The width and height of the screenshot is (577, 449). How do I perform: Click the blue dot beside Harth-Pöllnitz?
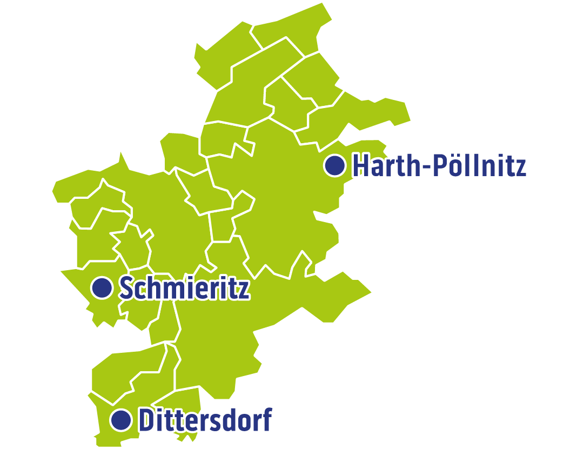coord(335,165)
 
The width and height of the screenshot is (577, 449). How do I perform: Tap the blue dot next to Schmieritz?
coord(101,287)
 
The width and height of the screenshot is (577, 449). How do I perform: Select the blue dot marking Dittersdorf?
coord(121,419)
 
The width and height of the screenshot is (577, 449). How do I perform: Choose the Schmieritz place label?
coord(184,288)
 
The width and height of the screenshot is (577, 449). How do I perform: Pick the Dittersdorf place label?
coord(205,420)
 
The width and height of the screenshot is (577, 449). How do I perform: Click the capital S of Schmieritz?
coord(125,288)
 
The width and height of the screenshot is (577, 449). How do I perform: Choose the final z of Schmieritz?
coord(244,290)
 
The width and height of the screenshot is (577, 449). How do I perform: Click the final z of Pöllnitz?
coord(520,167)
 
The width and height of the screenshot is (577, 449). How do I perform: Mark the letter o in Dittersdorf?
coord(243,422)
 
